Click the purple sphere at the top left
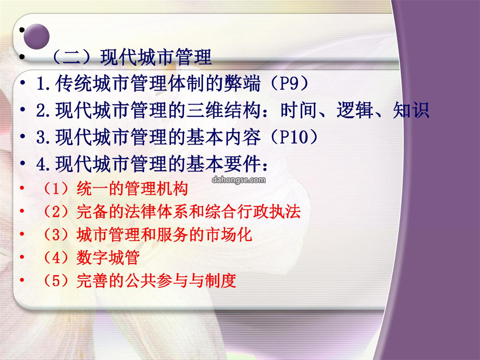[x=36, y=36]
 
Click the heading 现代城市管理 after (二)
[x=156, y=57]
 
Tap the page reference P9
[x=289, y=83]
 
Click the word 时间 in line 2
[x=299, y=110]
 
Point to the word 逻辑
[x=355, y=110]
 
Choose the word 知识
[x=411, y=110]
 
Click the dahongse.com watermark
[x=239, y=180]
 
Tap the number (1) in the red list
[x=56, y=188]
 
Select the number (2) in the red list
[x=56, y=212]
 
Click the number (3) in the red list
[x=56, y=235]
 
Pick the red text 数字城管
[x=108, y=257]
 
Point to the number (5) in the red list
[x=56, y=280]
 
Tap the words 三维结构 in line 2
[x=223, y=110]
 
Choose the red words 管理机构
[x=156, y=188]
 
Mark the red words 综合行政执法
[x=253, y=212]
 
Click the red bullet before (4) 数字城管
[x=22, y=257]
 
